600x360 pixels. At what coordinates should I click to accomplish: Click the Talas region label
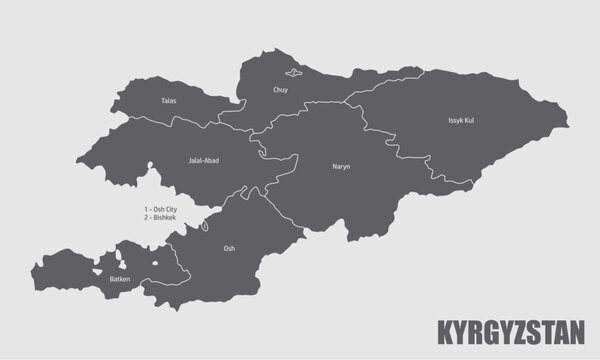(x=169, y=101)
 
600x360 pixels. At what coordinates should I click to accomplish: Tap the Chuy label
(x=280, y=90)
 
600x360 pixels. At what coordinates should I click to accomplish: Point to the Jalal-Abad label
(x=203, y=159)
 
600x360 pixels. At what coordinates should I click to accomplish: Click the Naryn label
(x=341, y=167)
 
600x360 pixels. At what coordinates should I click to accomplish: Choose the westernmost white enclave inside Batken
(x=101, y=267)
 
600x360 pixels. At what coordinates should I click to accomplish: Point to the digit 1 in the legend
(x=146, y=208)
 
